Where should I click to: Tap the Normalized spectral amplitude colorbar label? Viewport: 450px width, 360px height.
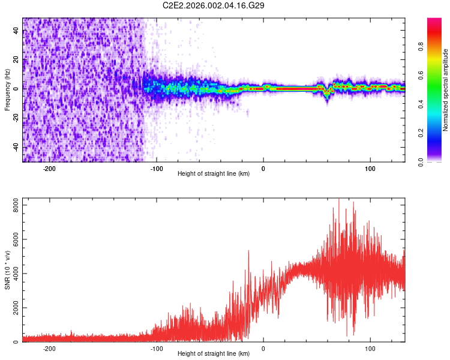(446, 90)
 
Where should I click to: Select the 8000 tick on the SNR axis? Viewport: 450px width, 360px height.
(13, 205)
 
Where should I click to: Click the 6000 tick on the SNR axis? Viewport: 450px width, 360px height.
(13, 239)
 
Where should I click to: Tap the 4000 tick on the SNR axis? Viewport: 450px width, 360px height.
(13, 274)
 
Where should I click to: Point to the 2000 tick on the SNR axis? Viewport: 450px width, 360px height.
(13, 308)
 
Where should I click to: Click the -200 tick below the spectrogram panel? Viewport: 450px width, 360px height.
(50, 169)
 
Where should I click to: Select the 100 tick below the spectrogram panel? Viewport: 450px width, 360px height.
(370, 169)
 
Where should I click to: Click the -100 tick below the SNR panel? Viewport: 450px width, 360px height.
(157, 349)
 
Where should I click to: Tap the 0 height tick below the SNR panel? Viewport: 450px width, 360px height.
(263, 349)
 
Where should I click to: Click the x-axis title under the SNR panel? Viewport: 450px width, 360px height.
(214, 356)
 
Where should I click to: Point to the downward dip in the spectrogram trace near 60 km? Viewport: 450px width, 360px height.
(327, 96)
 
